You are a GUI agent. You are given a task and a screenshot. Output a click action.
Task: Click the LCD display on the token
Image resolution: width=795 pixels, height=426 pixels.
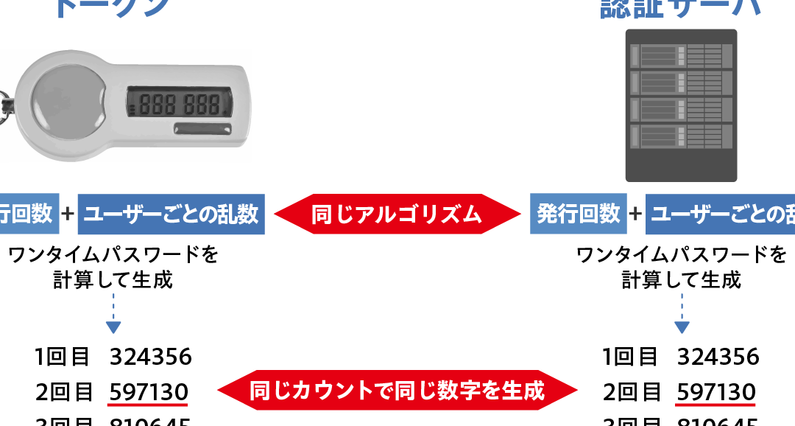tap(180, 102)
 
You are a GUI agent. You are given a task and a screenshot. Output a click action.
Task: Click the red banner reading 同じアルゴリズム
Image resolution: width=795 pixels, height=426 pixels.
tap(397, 214)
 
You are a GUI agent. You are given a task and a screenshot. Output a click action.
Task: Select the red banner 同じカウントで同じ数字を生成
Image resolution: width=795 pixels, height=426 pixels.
tap(397, 390)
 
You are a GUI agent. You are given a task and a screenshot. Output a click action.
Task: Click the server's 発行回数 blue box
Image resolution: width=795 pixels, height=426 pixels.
tap(579, 214)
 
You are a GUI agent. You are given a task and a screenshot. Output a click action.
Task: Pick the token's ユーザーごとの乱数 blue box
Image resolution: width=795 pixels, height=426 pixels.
tap(171, 214)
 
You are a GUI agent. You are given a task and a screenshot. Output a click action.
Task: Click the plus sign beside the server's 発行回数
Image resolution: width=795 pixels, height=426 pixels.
tap(636, 214)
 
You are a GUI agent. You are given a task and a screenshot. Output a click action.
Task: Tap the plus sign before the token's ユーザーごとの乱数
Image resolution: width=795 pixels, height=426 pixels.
tap(68, 214)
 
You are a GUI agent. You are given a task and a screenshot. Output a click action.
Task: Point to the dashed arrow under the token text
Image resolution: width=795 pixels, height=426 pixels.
tap(113, 313)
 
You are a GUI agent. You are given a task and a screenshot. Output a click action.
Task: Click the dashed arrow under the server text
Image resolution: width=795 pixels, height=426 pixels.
tap(682, 313)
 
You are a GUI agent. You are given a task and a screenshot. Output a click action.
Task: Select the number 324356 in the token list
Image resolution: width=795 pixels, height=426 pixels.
tap(151, 357)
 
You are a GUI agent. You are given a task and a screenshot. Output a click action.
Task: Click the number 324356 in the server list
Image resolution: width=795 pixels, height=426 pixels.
tap(718, 357)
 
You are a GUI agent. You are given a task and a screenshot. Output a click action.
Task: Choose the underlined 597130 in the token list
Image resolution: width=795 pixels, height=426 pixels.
tap(148, 391)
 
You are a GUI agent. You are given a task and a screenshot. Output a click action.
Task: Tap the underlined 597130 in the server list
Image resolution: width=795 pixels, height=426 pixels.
tap(716, 391)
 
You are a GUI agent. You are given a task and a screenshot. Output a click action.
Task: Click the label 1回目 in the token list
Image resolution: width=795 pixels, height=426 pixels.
tap(62, 357)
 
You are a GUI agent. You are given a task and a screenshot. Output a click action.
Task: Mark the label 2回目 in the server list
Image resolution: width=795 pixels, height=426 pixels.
tap(630, 391)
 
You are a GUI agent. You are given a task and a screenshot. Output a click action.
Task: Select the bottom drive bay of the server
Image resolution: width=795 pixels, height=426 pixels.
tap(680, 136)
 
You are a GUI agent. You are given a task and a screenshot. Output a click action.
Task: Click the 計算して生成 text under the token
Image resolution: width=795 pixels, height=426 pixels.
tap(113, 280)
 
